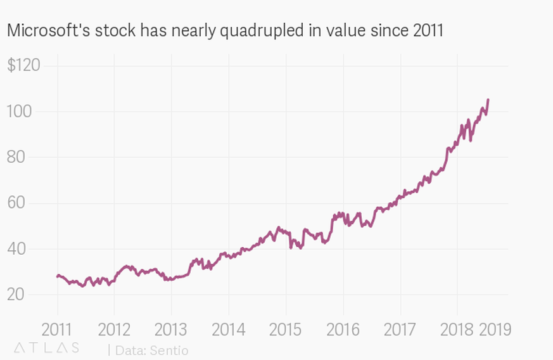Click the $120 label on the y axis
[23, 66]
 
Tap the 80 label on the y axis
[19, 157]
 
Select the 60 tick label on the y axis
[19, 203]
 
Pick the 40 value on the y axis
[19, 249]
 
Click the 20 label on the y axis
[19, 295]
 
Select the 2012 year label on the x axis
[114, 330]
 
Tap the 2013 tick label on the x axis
[171, 330]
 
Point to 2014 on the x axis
[229, 330]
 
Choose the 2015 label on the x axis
[285, 330]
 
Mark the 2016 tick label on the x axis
[343, 330]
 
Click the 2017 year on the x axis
[400, 330]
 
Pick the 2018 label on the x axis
[457, 330]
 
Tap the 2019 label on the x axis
[495, 330]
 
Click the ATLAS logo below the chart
[46, 348]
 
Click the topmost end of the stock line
[488, 100]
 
